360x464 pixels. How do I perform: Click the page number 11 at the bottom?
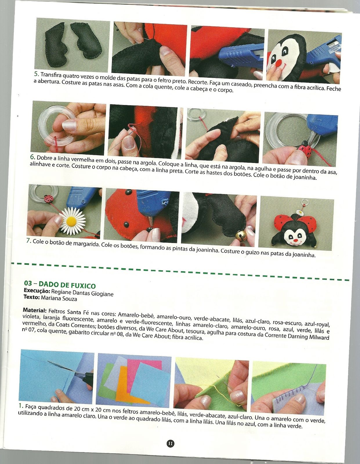170,444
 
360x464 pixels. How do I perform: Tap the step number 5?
37,74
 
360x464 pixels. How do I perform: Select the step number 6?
32,157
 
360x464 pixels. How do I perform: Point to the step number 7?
29,241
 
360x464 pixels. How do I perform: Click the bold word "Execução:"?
37,291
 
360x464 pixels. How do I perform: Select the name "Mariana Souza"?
59,298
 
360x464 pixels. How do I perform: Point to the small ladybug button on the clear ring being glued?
304,148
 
